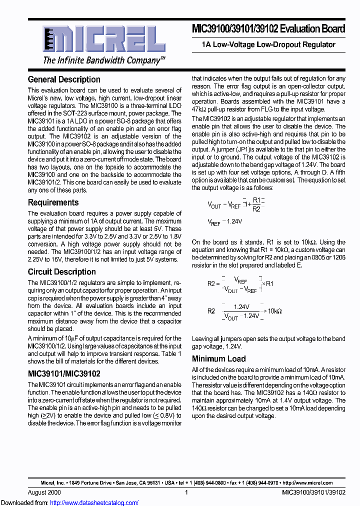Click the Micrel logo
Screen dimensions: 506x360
pos(103,38)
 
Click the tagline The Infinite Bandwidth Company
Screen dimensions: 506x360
pos(104,60)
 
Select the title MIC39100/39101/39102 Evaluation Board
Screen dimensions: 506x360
pos(268,29)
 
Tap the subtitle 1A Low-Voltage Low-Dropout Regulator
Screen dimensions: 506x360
pos(268,44)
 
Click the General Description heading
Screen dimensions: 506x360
pos(64,79)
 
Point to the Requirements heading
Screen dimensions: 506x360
pos(53,202)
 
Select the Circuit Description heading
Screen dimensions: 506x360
pos(61,272)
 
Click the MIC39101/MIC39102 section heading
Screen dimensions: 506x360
pos(64,373)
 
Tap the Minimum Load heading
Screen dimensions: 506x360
pos(218,358)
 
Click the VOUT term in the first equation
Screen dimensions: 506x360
pos(214,205)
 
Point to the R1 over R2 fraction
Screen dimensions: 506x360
pos(256,204)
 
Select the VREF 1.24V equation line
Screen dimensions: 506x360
pos(224,221)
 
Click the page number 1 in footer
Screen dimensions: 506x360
pos(186,492)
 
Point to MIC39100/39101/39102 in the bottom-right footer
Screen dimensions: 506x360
pos(313,492)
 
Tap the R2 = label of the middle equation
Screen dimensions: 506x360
pos(213,283)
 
